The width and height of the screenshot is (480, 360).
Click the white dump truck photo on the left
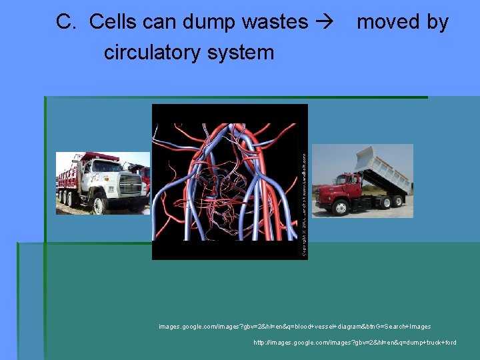pos(103,183)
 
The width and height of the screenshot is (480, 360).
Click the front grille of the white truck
pos(130,184)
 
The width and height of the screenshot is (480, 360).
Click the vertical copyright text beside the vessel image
pos(304,204)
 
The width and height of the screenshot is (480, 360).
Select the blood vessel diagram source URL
pos(295,327)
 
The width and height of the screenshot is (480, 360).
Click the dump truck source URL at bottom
pos(355,343)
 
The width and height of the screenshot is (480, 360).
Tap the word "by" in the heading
pos(437,22)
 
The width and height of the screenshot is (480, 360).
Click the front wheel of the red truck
pos(341,209)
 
